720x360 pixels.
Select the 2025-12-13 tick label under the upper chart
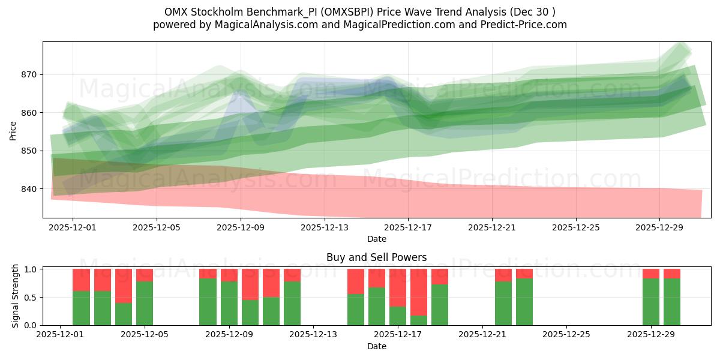pyautogui.click(x=324, y=228)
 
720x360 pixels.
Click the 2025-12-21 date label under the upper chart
pyautogui.click(x=492, y=228)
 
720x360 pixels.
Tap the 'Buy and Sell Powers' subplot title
pyautogui.click(x=376, y=257)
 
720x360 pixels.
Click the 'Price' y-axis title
pyautogui.click(x=13, y=130)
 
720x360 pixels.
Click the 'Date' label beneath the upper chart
pyautogui.click(x=376, y=239)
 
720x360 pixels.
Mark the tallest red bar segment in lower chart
pyautogui.click(x=419, y=292)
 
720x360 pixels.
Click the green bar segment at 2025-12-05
pyautogui.click(x=145, y=303)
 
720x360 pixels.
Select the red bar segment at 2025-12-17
pyautogui.click(x=398, y=287)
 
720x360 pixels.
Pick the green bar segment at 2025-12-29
pyautogui.click(x=651, y=302)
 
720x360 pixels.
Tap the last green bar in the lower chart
pyautogui.click(x=672, y=302)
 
